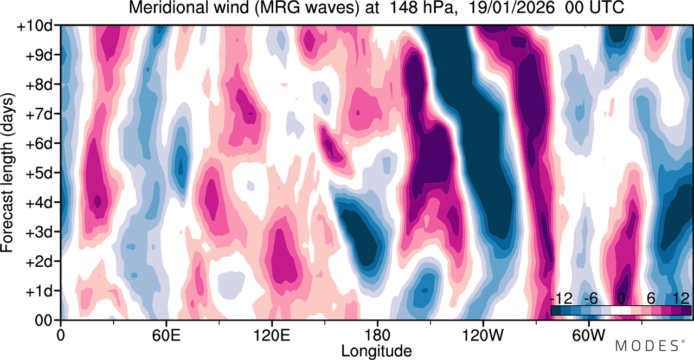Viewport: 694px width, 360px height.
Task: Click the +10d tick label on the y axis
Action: (35, 26)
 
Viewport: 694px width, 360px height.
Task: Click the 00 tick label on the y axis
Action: (43, 320)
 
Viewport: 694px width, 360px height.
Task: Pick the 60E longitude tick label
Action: (166, 335)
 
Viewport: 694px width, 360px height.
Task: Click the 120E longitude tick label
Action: (272, 335)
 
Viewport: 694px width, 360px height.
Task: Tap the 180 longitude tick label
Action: (377, 335)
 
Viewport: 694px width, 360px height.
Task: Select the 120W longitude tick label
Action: (483, 335)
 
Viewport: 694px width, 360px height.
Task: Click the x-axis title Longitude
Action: (376, 351)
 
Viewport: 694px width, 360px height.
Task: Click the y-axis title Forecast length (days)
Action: (8, 173)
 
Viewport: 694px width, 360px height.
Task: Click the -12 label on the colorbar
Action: (561, 299)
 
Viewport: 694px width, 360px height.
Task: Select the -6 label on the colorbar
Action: (591, 299)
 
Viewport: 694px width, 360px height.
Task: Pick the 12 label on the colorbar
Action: (682, 299)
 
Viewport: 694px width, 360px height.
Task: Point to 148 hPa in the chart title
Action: (423, 8)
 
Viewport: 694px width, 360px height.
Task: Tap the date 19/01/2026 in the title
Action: (511, 8)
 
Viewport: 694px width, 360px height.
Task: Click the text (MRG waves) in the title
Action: (307, 8)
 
